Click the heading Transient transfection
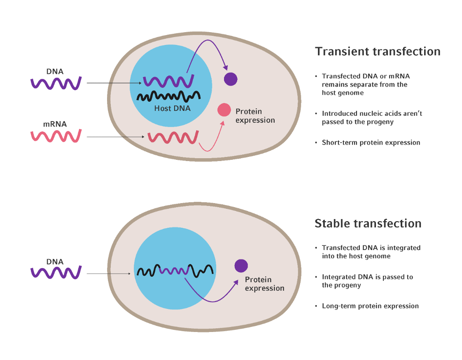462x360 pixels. coord(378,51)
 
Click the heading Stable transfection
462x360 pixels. coord(368,223)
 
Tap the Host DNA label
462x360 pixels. coord(173,109)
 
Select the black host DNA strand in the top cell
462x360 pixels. coord(168,96)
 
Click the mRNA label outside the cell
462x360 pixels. coord(55,124)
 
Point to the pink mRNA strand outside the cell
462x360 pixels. coord(56,136)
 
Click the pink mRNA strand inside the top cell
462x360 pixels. coord(173,138)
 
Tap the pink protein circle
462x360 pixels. coord(224,110)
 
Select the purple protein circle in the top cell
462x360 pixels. coord(231,79)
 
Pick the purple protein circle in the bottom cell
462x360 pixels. coord(241,266)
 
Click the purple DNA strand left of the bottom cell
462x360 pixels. coord(56,273)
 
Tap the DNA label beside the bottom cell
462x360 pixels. coord(55,262)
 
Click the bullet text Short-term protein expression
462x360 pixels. coord(371,143)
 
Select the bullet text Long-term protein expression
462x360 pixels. coord(370,306)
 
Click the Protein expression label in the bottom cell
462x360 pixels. coord(264,284)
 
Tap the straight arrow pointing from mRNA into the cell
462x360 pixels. coord(115,137)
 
